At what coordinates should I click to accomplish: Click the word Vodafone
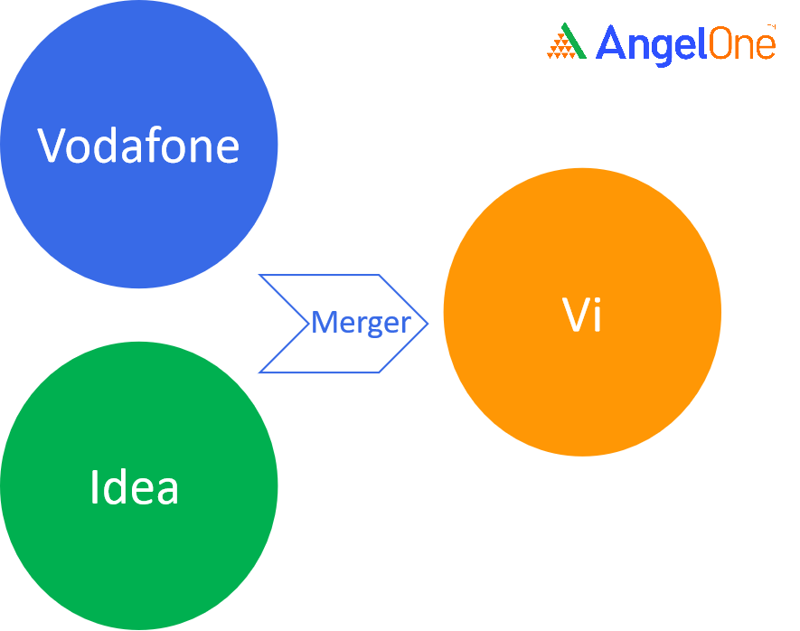(138, 146)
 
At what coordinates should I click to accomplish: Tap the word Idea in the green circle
(135, 487)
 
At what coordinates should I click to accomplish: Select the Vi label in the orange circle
(581, 316)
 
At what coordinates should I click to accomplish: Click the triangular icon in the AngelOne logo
(567, 42)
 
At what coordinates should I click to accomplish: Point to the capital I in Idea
(94, 487)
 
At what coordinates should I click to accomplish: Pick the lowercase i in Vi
(597, 315)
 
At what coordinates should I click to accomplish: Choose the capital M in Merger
(323, 323)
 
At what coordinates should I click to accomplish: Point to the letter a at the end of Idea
(166, 490)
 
